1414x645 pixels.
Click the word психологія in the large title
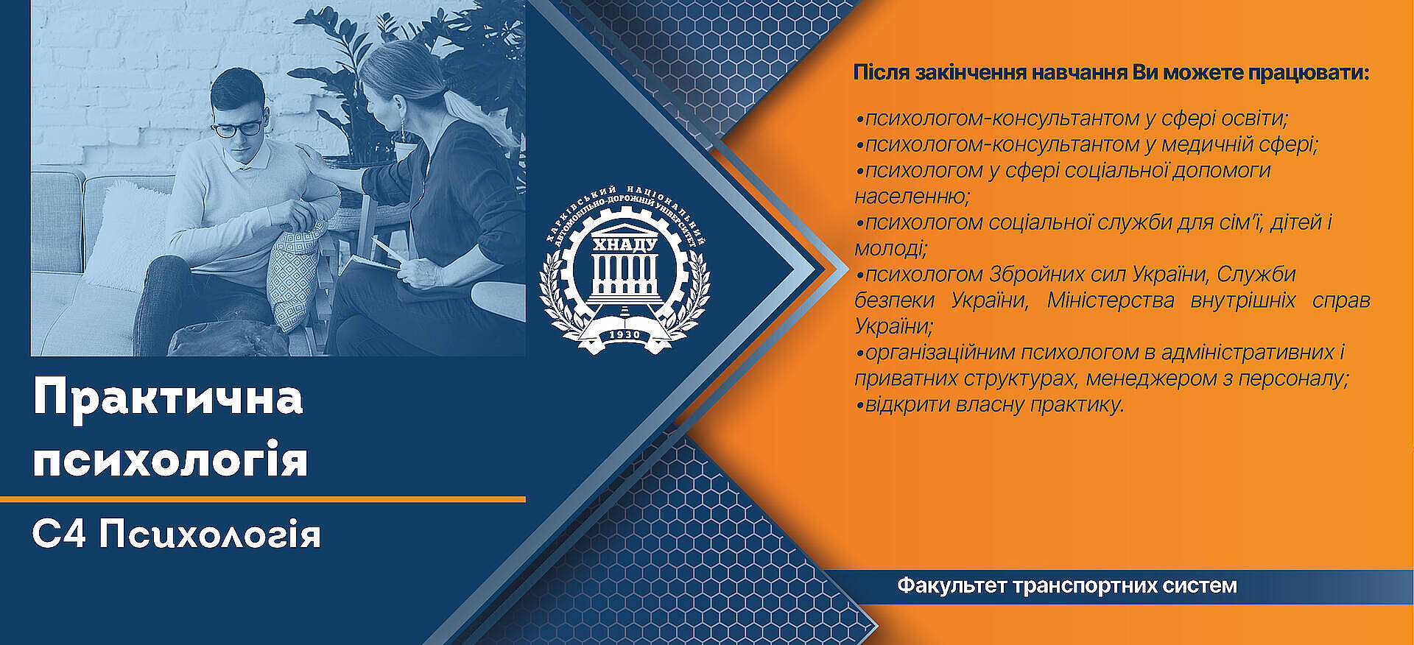point(170,459)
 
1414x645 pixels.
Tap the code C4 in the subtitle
point(59,534)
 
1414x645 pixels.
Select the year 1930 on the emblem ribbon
point(625,335)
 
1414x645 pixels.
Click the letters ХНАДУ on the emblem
point(624,244)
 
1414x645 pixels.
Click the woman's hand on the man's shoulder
point(309,158)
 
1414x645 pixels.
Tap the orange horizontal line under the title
point(263,499)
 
